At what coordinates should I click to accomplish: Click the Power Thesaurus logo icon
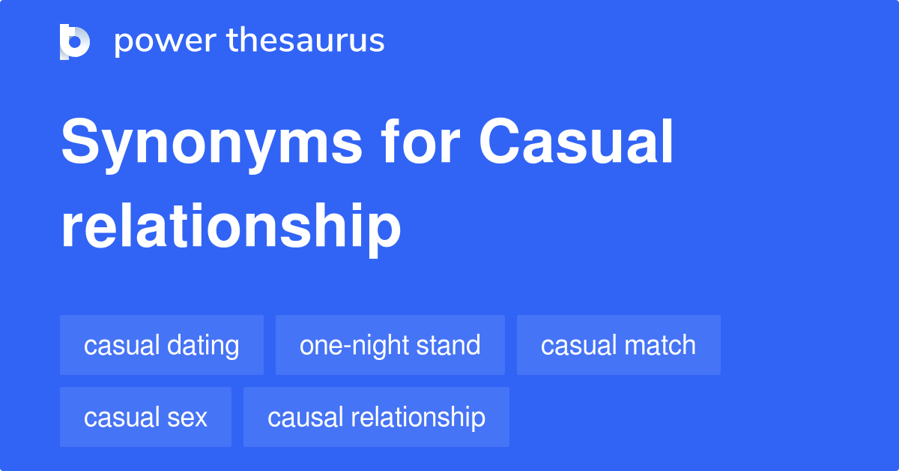tap(75, 42)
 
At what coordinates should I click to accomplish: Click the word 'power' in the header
tap(166, 42)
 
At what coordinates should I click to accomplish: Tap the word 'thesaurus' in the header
tap(306, 40)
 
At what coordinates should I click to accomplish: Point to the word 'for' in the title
tap(420, 141)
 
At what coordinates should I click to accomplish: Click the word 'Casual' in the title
tap(576, 141)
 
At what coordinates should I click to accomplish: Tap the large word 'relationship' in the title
tap(231, 228)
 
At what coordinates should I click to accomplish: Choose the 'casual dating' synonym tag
tap(162, 345)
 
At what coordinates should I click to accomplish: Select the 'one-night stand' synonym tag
tap(390, 345)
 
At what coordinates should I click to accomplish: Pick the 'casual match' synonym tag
tap(619, 345)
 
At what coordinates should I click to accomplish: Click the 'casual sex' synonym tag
tap(145, 417)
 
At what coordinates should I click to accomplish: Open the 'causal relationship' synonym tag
tap(376, 417)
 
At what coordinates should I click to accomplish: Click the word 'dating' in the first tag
tap(203, 346)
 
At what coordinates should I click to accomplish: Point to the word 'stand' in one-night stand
tap(448, 345)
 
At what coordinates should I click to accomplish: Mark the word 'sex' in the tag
tap(187, 418)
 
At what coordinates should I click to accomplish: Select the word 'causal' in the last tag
tap(306, 417)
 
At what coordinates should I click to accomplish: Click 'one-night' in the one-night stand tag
tap(355, 346)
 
